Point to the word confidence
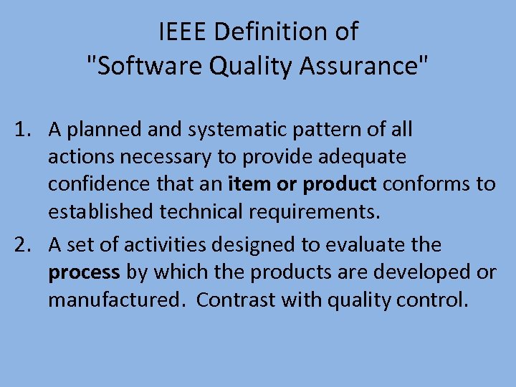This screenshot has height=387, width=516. pos(100,183)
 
